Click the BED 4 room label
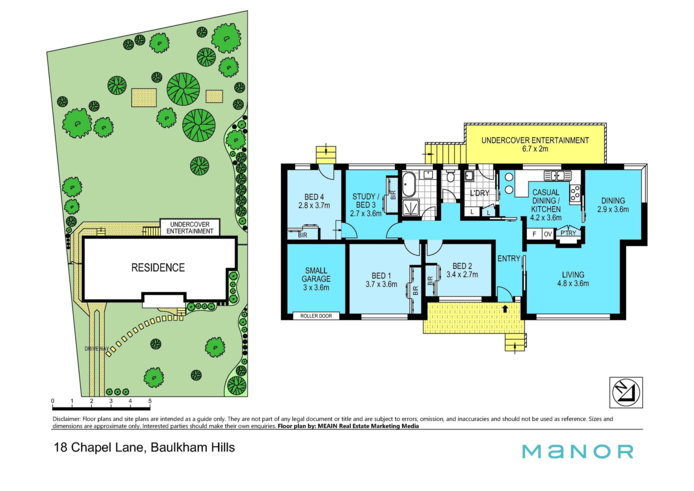314,201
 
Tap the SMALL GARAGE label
316,279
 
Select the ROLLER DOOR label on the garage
316,316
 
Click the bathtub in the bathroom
409,185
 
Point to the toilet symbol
450,176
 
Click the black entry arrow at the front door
505,309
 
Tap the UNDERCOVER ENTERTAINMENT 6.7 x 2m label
535,144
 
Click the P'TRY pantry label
568,233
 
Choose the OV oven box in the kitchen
548,234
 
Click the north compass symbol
626,393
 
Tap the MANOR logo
578,452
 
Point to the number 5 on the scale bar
150,401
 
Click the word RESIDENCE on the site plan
158,268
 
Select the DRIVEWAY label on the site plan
97,349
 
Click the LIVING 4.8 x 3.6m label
573,279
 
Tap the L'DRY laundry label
480,193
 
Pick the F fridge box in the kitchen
534,234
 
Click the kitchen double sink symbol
557,176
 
